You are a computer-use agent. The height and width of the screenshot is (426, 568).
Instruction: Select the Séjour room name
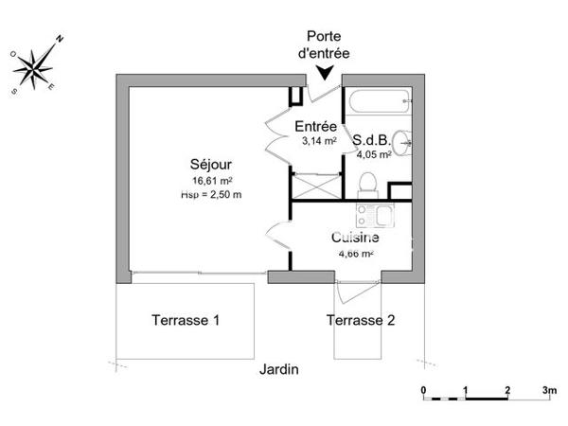[211, 164]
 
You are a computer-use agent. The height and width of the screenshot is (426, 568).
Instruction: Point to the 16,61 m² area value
[212, 180]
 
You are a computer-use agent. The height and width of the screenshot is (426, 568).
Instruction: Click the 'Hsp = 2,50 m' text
[211, 195]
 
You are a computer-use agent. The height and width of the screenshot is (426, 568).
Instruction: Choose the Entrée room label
[315, 127]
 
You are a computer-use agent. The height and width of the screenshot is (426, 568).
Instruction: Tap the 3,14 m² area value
[316, 141]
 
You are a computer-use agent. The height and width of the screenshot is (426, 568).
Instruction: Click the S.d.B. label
[372, 140]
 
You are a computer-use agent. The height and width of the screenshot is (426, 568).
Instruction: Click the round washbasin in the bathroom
[405, 141]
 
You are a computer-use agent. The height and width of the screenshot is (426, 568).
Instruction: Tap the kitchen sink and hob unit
[365, 217]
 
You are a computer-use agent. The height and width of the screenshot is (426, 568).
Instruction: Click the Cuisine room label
[356, 239]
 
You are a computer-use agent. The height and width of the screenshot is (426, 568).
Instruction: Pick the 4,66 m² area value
[356, 254]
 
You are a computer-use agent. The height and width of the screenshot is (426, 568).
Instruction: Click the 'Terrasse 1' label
[186, 320]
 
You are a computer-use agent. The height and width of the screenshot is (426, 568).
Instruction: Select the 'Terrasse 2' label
[361, 320]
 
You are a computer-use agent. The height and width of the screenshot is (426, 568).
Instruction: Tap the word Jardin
[279, 369]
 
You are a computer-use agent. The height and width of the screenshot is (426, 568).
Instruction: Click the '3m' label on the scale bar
[547, 390]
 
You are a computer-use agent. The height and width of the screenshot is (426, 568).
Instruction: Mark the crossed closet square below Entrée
[311, 186]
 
